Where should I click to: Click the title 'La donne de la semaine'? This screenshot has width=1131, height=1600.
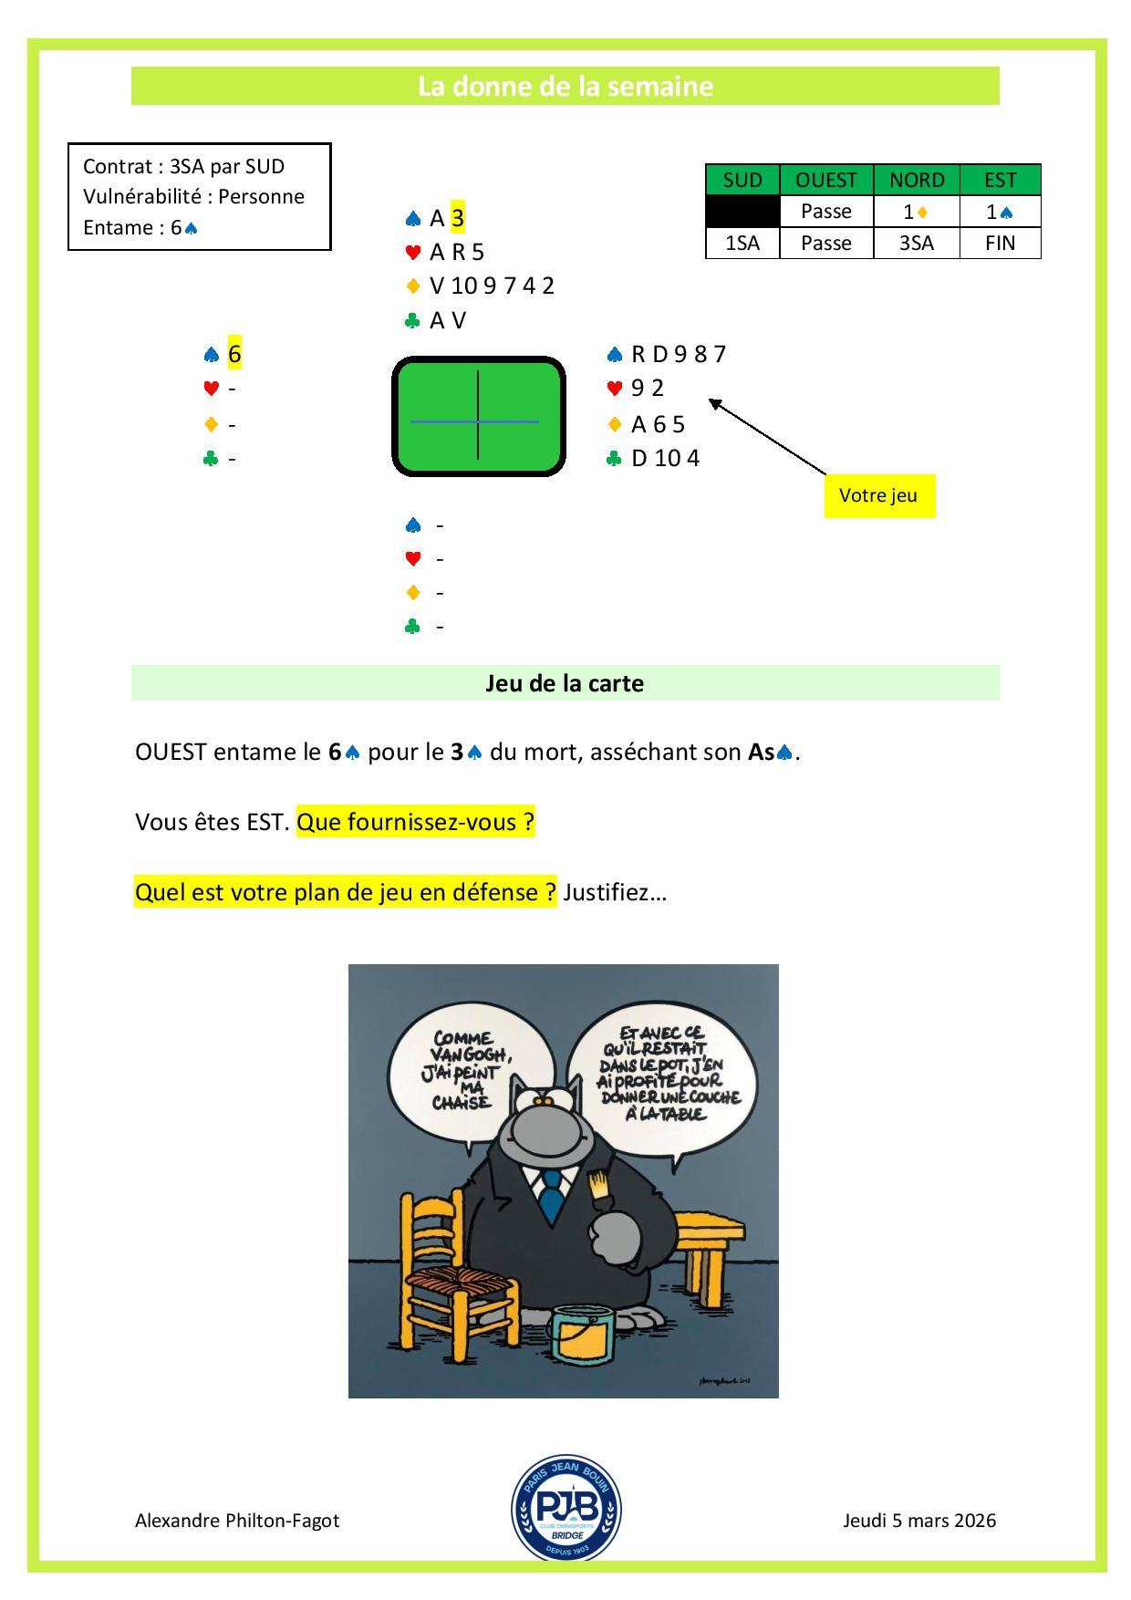565,86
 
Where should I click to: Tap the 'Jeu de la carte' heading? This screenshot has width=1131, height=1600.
565,683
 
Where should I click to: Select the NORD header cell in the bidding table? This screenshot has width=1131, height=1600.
917,180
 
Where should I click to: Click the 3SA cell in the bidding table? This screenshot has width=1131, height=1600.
917,244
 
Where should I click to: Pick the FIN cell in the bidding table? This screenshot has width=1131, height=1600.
1000,244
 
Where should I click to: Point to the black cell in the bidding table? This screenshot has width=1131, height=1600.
742,212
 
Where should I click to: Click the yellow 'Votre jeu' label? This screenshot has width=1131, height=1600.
879,496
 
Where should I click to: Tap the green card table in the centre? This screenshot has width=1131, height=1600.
478,416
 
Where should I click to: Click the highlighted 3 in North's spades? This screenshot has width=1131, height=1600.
458,218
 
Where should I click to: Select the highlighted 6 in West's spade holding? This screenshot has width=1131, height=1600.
234,354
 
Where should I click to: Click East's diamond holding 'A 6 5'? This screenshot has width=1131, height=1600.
658,424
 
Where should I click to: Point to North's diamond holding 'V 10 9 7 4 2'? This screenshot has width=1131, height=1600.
492,286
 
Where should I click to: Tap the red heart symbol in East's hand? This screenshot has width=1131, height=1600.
615,389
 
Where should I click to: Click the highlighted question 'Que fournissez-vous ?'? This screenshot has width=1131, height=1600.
416,822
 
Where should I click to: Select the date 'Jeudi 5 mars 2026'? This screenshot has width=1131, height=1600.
919,1521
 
